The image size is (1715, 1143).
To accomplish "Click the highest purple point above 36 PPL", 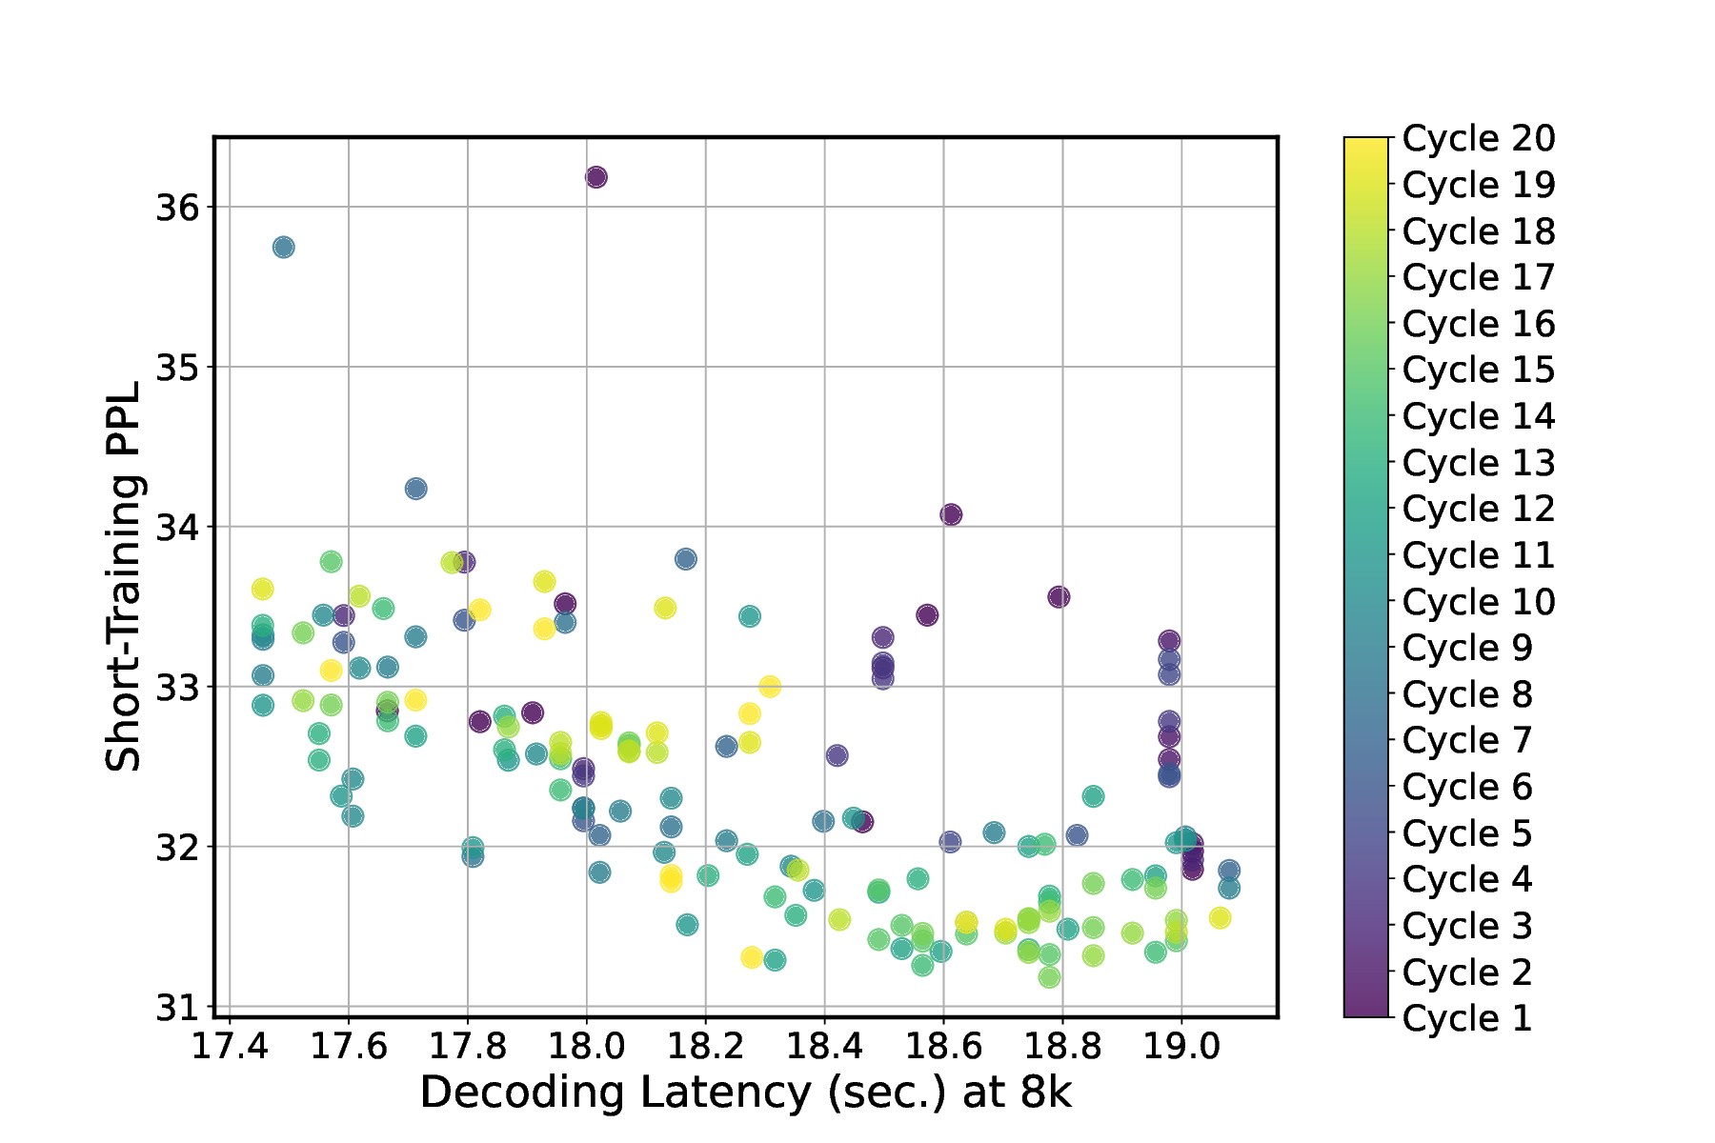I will click(x=596, y=177).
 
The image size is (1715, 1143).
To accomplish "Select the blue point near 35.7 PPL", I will click(x=283, y=248).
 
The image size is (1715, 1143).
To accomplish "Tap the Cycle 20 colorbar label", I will click(x=1478, y=139).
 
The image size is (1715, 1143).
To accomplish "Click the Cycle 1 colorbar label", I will click(x=1467, y=1018).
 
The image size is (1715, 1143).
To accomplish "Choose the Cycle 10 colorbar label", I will click(x=1478, y=602).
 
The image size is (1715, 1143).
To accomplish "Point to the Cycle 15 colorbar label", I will click(x=1478, y=371).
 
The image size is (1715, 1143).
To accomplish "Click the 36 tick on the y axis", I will click(x=176, y=208).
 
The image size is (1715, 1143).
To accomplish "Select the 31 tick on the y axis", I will click(x=176, y=1007).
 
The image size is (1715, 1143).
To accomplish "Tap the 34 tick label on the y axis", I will click(x=176, y=528).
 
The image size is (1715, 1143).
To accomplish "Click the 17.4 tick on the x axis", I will click(x=230, y=1046).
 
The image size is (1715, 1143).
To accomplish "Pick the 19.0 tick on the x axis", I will click(x=1181, y=1046).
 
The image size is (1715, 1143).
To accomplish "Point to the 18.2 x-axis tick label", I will click(x=705, y=1046).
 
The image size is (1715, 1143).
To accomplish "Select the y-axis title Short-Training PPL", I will click(x=124, y=576).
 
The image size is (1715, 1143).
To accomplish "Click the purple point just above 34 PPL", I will click(x=951, y=515).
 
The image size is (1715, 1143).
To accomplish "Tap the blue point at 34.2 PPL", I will click(x=415, y=489).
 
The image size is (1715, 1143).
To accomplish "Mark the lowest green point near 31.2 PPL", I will click(x=1049, y=977).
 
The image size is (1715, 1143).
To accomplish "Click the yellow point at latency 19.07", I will click(x=1220, y=918).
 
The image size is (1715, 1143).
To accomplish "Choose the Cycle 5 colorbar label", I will click(x=1467, y=833).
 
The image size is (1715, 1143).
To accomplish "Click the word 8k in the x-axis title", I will click(x=1045, y=1093).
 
